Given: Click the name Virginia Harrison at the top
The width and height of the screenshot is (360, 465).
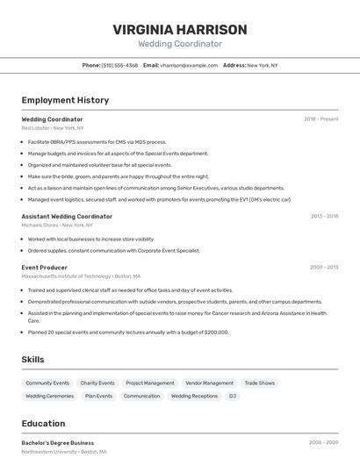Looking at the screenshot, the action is tap(180, 29).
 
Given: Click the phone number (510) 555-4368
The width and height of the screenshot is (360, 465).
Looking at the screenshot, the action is tap(119, 65).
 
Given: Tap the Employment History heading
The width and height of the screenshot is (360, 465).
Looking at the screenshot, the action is tap(65, 100).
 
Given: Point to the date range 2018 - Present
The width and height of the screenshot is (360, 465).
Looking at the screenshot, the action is tap(320, 119).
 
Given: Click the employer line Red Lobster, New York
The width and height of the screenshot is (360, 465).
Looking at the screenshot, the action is tap(53, 128).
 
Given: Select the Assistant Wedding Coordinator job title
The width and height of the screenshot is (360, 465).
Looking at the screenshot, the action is tap(67, 216).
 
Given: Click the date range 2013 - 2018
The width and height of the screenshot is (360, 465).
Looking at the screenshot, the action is tap(324, 216).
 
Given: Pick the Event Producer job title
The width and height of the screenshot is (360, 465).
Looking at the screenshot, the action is tap(44, 267).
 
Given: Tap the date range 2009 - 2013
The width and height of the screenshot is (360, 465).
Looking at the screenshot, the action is tap(324, 267).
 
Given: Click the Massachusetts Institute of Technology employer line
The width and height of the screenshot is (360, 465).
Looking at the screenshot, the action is tap(80, 276).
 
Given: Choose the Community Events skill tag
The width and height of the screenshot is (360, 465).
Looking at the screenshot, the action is tap(47, 383).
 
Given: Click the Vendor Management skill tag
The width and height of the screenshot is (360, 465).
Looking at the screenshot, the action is tap(209, 383).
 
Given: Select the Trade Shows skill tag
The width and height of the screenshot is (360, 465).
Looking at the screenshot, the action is tap(259, 383).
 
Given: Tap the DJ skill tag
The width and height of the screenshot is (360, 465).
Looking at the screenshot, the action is tap(233, 396).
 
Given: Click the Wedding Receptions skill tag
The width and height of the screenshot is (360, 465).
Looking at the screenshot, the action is tap(194, 396).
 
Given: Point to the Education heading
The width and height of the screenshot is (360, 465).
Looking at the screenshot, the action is tap(43, 423).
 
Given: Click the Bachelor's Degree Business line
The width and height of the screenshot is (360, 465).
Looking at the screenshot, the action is tap(57, 443).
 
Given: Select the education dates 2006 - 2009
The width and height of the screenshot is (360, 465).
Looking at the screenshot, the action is tap(323, 443).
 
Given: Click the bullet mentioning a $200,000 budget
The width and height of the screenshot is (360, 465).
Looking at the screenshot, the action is tap(128, 333).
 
